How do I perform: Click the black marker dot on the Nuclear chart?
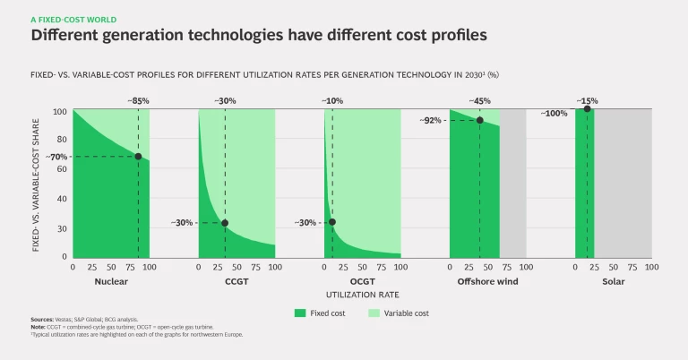(138, 157)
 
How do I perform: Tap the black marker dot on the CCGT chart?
(225, 223)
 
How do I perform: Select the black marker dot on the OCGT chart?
(332, 222)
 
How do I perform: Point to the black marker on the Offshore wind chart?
(479, 121)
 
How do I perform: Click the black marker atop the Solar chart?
(587, 109)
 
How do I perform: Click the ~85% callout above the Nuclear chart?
(138, 101)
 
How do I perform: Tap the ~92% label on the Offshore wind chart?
(433, 121)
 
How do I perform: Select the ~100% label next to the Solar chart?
(555, 114)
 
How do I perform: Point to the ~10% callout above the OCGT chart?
(332, 101)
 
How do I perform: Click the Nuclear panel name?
(111, 282)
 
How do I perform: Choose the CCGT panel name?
(236, 282)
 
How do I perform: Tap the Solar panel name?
(614, 282)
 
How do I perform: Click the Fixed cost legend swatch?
(300, 313)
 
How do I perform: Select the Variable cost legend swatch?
(374, 313)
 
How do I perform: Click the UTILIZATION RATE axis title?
(362, 294)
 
